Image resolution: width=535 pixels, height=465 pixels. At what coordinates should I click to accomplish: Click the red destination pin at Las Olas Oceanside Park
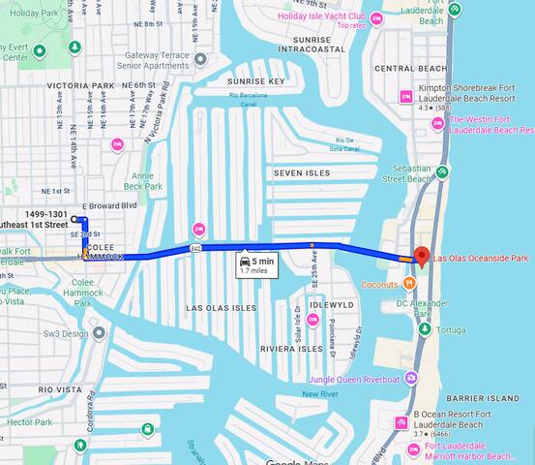(421, 257)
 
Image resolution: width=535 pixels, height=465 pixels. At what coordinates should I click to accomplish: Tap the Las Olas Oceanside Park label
(481, 259)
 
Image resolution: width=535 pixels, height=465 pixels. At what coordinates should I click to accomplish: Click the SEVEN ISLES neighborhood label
(302, 172)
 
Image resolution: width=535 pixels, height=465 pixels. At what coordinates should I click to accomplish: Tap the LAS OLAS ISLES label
(222, 307)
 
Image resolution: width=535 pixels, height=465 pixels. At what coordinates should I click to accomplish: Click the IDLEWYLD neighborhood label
(332, 304)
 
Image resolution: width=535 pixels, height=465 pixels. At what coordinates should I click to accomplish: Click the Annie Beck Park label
(143, 180)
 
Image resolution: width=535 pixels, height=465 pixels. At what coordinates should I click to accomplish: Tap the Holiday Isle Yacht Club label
(323, 16)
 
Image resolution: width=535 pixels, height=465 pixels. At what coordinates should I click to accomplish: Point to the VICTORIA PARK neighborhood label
(79, 85)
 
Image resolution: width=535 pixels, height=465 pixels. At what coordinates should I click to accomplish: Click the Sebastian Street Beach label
(406, 173)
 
